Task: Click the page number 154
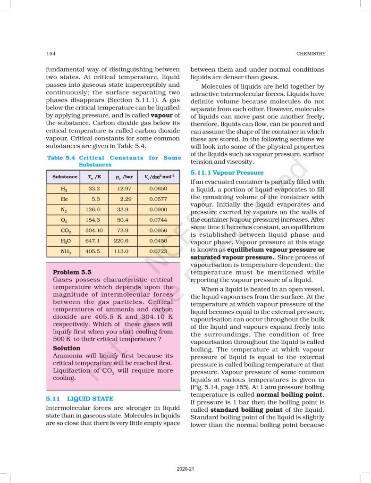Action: click(x=50, y=54)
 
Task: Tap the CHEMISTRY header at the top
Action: click(x=311, y=54)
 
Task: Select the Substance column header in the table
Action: click(x=65, y=177)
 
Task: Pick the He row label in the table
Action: click(x=64, y=199)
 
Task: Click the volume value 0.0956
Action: click(x=158, y=230)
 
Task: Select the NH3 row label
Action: click(x=65, y=252)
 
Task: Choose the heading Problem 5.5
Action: click(x=72, y=272)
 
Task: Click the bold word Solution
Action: click(x=67, y=348)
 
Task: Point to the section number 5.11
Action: click(x=53, y=399)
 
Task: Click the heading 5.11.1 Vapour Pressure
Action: click(x=227, y=173)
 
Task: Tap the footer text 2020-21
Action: click(x=185, y=469)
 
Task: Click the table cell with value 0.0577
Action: click(x=158, y=199)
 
